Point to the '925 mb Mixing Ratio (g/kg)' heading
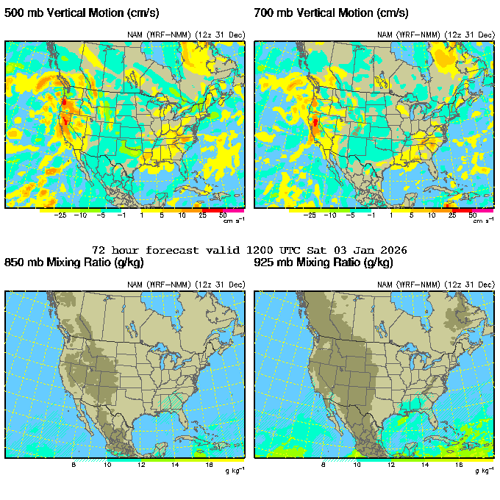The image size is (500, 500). (x=324, y=262)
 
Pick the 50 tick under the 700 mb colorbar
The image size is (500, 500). (x=474, y=215)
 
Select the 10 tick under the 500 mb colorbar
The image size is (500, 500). (x=182, y=215)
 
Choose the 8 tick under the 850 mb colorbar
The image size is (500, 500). (x=74, y=465)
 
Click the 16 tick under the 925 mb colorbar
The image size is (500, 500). (x=459, y=465)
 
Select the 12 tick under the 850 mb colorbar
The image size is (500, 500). (x=141, y=465)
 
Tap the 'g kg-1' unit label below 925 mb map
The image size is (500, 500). (x=482, y=471)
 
